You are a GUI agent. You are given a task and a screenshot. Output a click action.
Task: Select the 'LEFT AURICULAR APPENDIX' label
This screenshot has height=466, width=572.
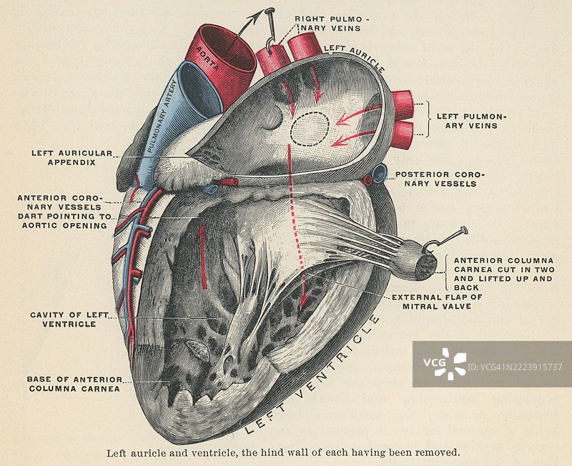click(71, 157)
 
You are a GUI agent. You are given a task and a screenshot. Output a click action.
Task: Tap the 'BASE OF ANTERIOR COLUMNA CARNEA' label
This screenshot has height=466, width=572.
click(73, 384)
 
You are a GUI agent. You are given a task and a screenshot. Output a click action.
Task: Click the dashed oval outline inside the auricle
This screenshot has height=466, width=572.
click(310, 129)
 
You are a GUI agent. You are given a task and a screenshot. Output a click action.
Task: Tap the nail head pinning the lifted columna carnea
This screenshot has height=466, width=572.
click(463, 230)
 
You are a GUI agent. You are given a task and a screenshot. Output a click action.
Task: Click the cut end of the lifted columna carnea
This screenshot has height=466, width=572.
click(426, 267)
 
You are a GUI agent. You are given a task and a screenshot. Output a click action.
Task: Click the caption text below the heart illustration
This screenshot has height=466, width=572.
click(283, 452)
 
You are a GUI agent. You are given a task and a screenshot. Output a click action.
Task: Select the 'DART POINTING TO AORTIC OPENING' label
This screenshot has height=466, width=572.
click(65, 220)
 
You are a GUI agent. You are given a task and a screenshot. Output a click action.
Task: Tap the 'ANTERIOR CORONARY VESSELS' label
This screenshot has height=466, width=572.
click(61, 202)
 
